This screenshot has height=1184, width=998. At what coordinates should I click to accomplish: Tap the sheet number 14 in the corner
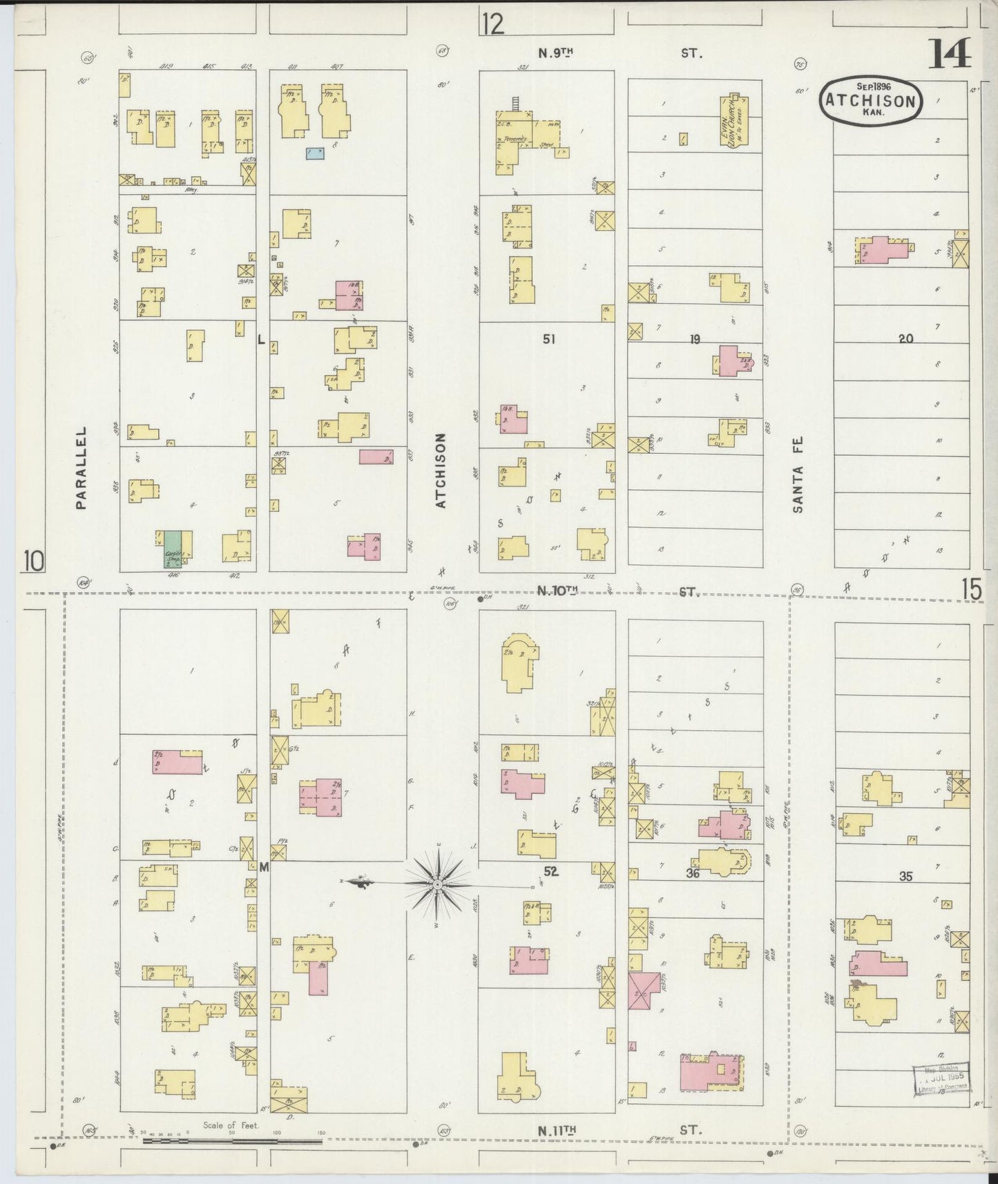949,54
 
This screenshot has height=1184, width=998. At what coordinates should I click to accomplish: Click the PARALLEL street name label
81,468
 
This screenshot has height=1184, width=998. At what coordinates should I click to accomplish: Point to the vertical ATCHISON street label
441,470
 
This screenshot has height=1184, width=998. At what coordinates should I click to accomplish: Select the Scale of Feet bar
231,1140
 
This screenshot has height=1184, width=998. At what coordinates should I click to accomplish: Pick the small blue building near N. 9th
315,153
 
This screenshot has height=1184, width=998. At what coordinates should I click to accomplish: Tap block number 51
549,338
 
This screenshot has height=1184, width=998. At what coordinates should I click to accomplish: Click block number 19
694,338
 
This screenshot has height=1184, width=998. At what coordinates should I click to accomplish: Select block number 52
550,872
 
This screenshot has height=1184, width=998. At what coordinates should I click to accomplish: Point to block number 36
693,874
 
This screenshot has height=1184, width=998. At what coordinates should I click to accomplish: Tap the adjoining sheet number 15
970,590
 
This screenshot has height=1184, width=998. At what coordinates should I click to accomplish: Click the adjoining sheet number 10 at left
33,561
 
